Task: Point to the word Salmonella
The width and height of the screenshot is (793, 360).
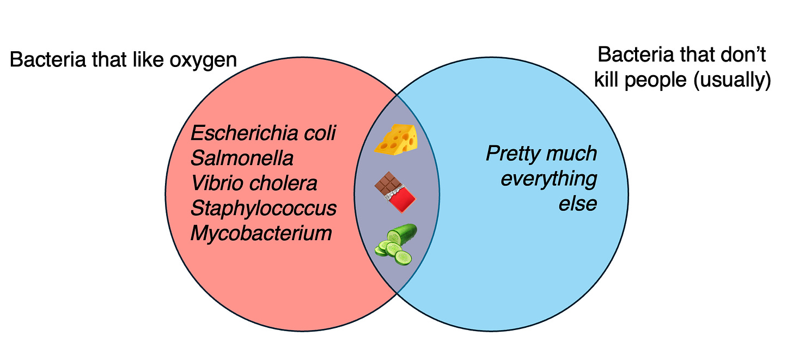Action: pos(242,158)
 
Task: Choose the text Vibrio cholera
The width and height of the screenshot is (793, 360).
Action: pos(254,184)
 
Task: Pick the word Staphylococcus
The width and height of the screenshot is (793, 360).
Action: pos(264,209)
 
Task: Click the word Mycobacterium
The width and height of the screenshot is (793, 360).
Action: pos(261,234)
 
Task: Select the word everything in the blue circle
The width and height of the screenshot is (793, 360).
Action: pos(548,179)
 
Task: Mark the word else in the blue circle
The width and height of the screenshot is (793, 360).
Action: pos(578,204)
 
